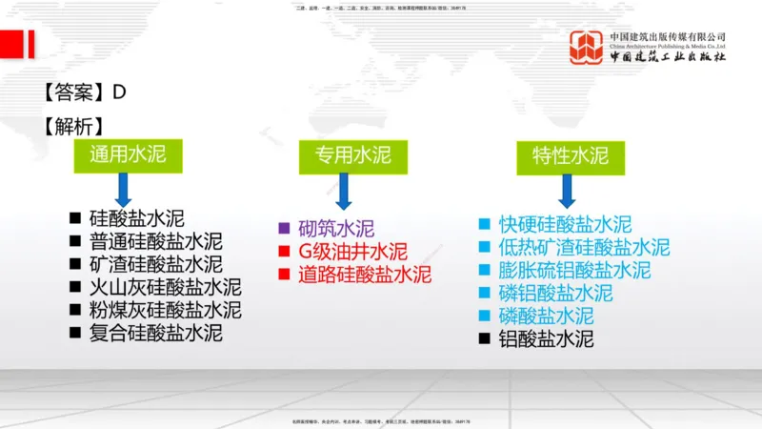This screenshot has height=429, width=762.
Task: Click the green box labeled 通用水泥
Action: [x=121, y=155]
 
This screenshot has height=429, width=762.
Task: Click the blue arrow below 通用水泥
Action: [x=121, y=191]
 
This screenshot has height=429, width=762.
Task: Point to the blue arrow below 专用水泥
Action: [x=344, y=191]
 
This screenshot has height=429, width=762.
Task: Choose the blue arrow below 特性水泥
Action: [x=568, y=191]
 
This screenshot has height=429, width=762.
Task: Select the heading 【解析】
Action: [x=72, y=126]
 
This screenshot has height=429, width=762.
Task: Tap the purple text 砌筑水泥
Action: [x=336, y=229]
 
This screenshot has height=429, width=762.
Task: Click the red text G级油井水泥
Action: [x=352, y=252]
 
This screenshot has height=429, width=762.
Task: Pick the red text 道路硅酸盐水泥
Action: [x=365, y=276]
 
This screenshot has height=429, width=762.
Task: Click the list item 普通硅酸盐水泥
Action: [x=155, y=240]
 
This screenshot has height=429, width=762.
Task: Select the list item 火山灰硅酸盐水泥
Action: [x=165, y=287]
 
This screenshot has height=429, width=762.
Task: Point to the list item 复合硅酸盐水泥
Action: [x=155, y=333]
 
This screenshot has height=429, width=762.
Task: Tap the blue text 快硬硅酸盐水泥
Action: [x=565, y=225]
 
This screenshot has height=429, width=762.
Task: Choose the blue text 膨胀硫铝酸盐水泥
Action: [x=574, y=270]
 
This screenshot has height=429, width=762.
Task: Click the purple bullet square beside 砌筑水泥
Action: [x=283, y=229]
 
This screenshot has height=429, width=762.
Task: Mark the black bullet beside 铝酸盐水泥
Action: [x=484, y=338]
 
